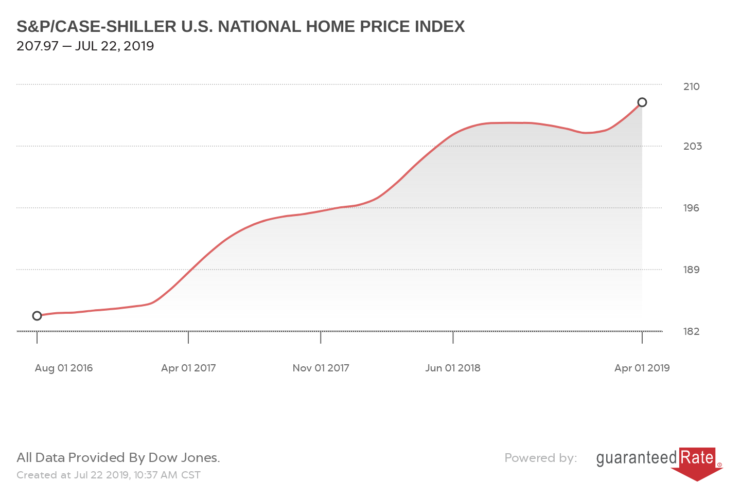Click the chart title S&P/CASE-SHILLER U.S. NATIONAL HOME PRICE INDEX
point(240,27)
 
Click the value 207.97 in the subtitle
point(37,46)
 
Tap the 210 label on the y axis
point(691,86)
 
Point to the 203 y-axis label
point(692,146)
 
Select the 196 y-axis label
point(691,208)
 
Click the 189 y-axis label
point(691,270)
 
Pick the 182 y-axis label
point(691,331)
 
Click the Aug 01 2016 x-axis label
point(64,368)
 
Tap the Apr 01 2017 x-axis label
point(188,368)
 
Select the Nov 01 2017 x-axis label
point(321,368)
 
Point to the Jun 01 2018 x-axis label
point(453,368)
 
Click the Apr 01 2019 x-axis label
point(642,368)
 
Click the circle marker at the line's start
point(37,316)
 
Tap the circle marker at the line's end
point(642,102)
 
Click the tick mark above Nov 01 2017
point(321,337)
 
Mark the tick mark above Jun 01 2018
point(453,337)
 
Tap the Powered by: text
point(540,458)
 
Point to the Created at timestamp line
point(109,475)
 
